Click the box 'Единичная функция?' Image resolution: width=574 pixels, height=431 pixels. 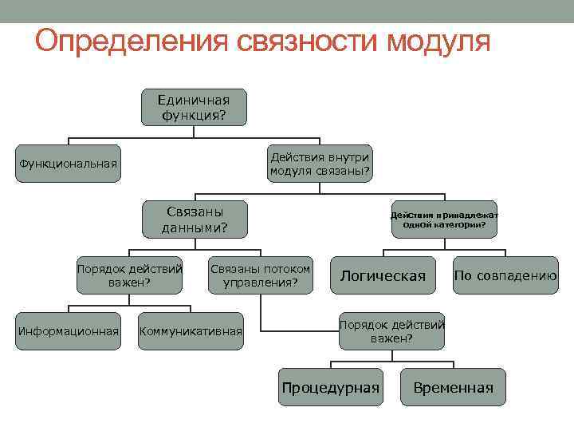tap(194, 107)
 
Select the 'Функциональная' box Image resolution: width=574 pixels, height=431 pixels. tap(69, 164)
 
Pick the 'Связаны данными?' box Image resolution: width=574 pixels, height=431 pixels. tap(195, 219)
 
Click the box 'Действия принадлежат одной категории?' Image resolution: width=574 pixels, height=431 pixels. tap(444, 219)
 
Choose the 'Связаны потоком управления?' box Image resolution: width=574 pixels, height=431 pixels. tap(260, 275)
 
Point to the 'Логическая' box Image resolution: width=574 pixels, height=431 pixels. tap(383, 275)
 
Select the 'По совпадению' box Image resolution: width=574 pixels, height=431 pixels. tap(505, 275)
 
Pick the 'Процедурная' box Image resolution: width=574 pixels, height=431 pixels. tap(329, 387)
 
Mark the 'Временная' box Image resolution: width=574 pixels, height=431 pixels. tap(453, 387)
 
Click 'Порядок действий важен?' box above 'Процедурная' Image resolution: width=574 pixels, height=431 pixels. tap(391, 330)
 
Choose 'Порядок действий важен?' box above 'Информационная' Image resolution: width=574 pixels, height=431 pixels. tap(129, 275)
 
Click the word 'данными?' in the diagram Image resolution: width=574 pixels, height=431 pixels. tap(195, 227)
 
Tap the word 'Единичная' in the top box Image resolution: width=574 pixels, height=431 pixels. tap(194, 100)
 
